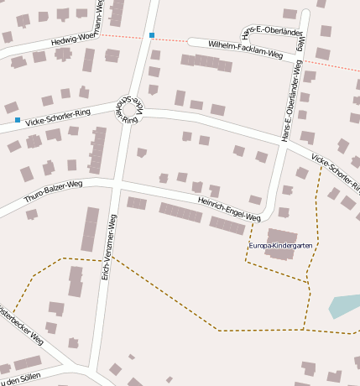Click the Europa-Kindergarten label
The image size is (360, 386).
click(281, 245)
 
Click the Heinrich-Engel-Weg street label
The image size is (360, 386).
click(229, 205)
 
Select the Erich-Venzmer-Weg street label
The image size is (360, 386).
click(109, 246)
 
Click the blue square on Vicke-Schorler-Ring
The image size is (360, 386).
click(17, 120)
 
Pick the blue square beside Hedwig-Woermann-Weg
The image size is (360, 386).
click(151, 35)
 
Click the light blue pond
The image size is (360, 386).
click(345, 305)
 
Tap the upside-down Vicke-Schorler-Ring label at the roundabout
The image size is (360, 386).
click(128, 108)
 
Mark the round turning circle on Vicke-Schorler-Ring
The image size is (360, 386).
click(130, 113)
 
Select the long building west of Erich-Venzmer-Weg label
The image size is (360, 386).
click(90, 228)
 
